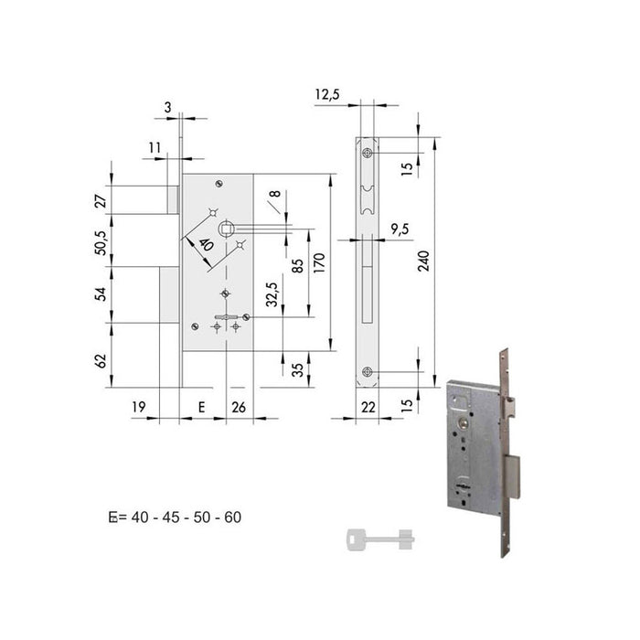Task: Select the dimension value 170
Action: pyautogui.click(x=320, y=264)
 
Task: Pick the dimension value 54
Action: pyautogui.click(x=102, y=293)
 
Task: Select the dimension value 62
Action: pyautogui.click(x=102, y=360)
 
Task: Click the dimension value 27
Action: pyautogui.click(x=102, y=197)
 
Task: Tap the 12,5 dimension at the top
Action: pyautogui.click(x=329, y=94)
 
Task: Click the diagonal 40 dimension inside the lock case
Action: pyautogui.click(x=205, y=246)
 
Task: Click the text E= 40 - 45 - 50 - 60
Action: pyautogui.click(x=175, y=517)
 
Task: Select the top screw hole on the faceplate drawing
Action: pyautogui.click(x=368, y=152)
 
